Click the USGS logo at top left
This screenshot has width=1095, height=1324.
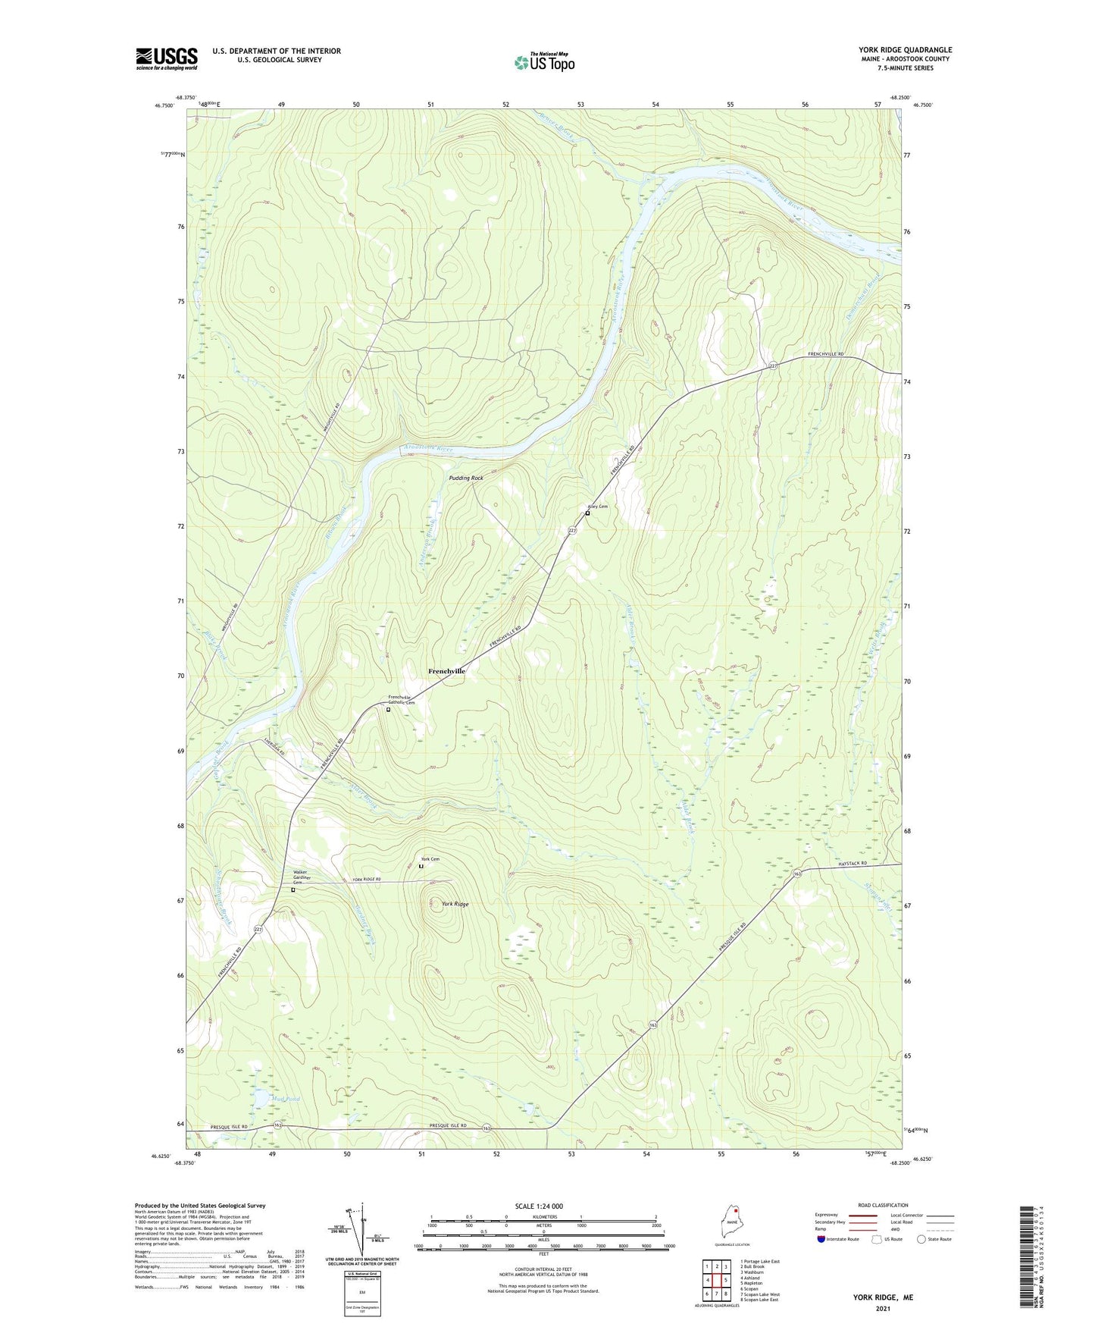point(167,58)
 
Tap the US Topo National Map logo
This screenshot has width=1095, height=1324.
point(544,61)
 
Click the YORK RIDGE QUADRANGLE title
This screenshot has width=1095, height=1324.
point(905,50)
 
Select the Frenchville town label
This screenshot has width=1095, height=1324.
point(446,671)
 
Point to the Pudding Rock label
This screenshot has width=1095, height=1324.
point(465,478)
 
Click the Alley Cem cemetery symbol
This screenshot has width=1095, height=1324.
point(587,513)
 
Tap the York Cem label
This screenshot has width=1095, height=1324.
point(430,859)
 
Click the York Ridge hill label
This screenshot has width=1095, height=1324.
point(455,904)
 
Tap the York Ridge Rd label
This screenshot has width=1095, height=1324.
point(367,880)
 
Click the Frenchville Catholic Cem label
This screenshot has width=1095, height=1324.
point(402,700)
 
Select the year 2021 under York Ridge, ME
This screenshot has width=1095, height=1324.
point(883,1309)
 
